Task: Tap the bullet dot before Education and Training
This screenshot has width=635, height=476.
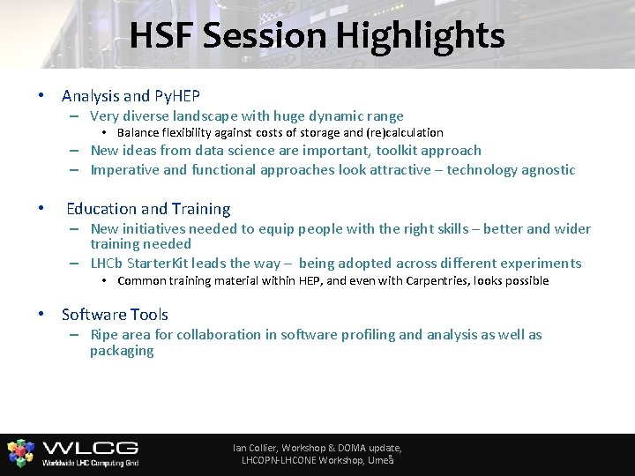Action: (41, 209)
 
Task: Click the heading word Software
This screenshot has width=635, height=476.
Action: (91, 314)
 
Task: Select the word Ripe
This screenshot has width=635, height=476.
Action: (105, 334)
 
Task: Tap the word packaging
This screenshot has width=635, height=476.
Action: (122, 350)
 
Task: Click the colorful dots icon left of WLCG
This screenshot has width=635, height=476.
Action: (20, 452)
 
